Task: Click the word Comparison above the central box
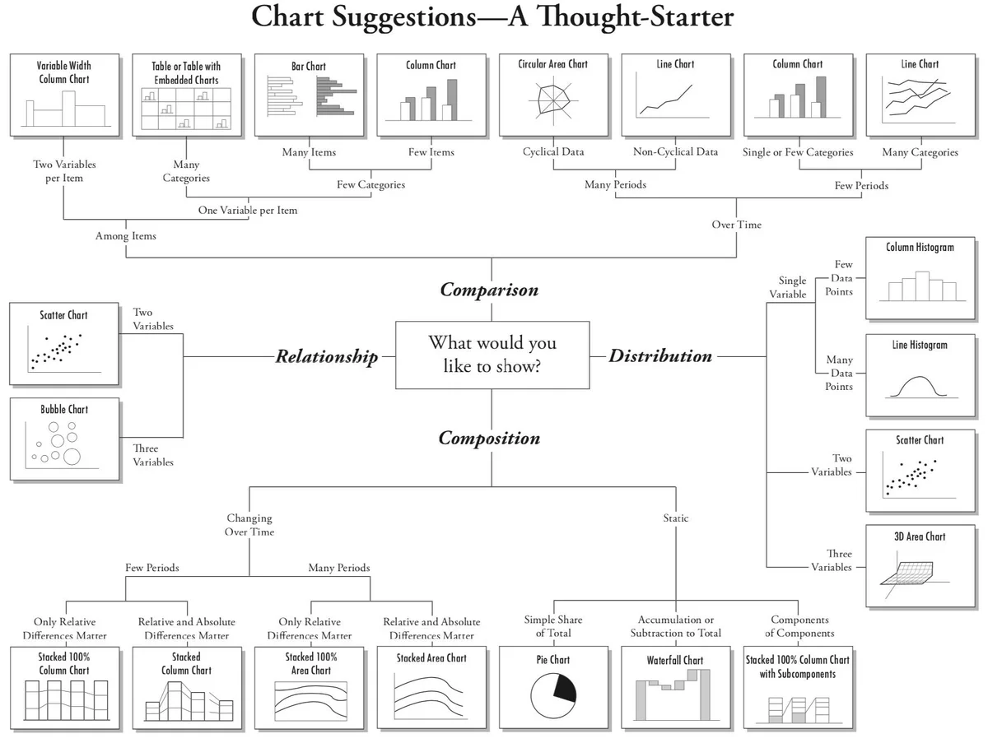coord(489,290)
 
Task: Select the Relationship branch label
coord(327,356)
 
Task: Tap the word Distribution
coord(660,356)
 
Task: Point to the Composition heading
coord(489,439)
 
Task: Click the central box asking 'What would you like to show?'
coord(492,355)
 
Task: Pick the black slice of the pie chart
coord(566,687)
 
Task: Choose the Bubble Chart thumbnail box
coord(65,439)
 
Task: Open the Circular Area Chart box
coord(553,95)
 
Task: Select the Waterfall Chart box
coord(676,688)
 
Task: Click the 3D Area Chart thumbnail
coord(920,566)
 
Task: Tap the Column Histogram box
coord(920,278)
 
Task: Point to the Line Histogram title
coord(920,345)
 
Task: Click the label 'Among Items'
coord(126,236)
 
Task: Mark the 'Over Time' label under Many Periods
coord(736,225)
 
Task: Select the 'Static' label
coord(676,518)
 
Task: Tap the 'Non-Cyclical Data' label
coord(675,151)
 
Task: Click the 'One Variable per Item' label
coord(248,211)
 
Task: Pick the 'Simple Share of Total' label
coord(553,626)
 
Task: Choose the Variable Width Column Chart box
coord(65,95)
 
